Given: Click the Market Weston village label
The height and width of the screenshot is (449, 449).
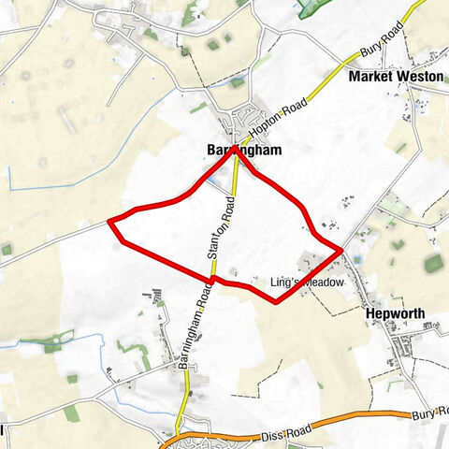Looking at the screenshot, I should (x=396, y=76).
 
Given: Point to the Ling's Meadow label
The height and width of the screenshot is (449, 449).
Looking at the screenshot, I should (x=307, y=282).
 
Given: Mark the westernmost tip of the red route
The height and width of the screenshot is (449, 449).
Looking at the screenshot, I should (x=109, y=222).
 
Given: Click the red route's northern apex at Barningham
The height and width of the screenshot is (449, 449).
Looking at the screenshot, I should (x=234, y=152).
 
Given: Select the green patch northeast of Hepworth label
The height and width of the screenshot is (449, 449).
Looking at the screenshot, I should (x=432, y=265).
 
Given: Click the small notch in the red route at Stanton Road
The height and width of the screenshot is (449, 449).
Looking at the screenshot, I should (x=214, y=277).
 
